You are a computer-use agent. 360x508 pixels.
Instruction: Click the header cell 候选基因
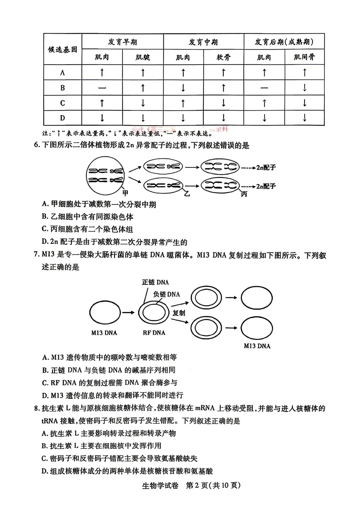[63, 49]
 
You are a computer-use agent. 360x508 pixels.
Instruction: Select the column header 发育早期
[122, 42]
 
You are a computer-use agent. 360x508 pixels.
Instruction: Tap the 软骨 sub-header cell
[223, 57]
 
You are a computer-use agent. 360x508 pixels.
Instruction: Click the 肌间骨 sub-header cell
[304, 57]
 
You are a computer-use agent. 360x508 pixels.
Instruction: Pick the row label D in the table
[62, 118]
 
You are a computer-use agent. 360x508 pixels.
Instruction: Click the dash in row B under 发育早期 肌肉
[102, 88]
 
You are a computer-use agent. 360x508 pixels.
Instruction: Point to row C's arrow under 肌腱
[143, 103]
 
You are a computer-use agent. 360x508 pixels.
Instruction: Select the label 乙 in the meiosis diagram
[187, 193]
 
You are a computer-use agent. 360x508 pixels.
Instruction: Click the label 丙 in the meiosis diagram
[244, 194]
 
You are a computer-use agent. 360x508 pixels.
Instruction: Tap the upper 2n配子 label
[266, 168]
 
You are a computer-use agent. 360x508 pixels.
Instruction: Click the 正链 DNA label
[155, 282]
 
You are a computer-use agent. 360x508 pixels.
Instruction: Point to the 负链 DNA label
[166, 294]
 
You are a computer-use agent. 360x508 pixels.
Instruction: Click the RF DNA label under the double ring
[154, 333]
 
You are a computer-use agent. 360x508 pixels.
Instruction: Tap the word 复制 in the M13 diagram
[179, 313]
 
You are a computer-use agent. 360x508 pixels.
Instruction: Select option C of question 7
[110, 383]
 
